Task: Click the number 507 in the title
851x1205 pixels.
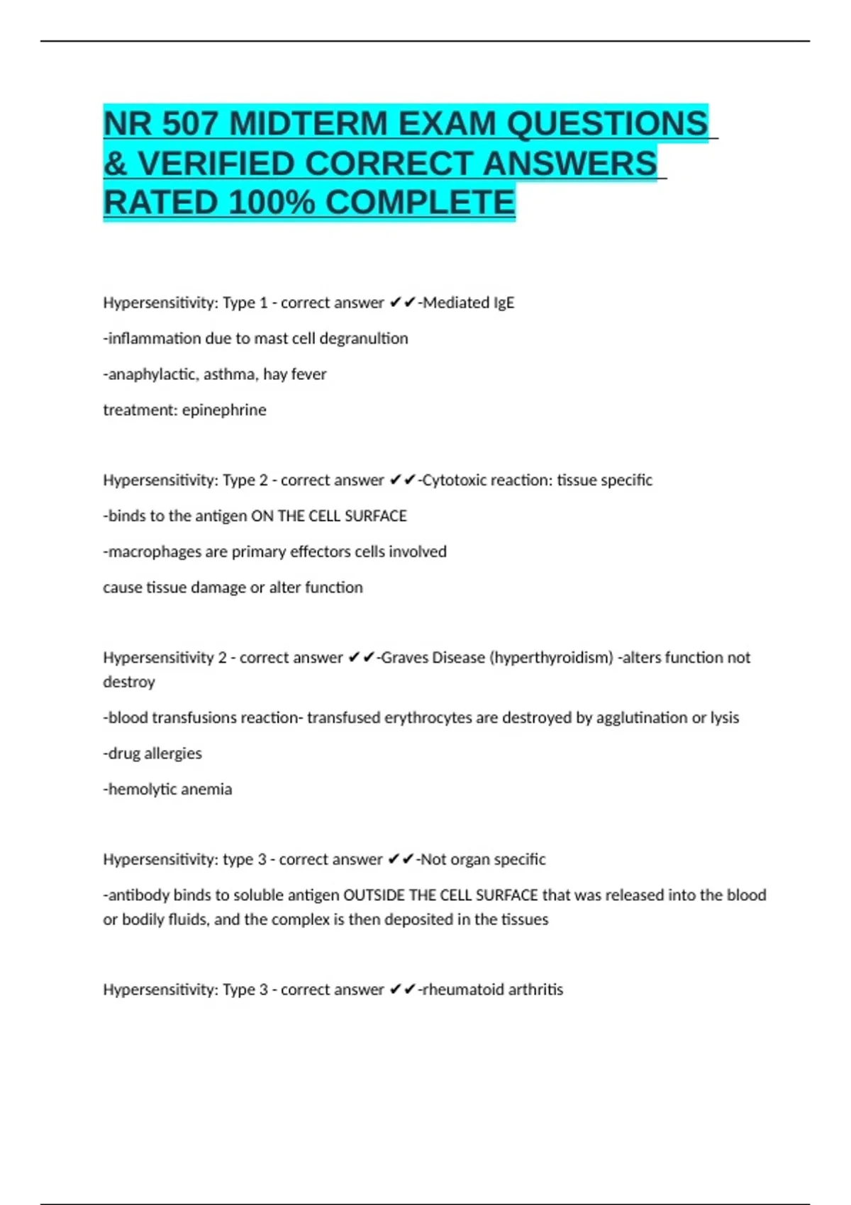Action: pyautogui.click(x=189, y=124)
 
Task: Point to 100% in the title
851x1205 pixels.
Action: pyautogui.click(x=272, y=203)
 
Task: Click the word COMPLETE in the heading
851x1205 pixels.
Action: pyautogui.click(x=420, y=203)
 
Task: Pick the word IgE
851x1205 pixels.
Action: pyautogui.click(x=502, y=303)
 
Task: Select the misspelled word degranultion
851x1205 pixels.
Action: pyautogui.click(x=364, y=339)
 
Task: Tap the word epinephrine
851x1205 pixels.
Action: pyautogui.click(x=224, y=410)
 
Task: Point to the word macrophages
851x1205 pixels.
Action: pyautogui.click(x=154, y=551)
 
